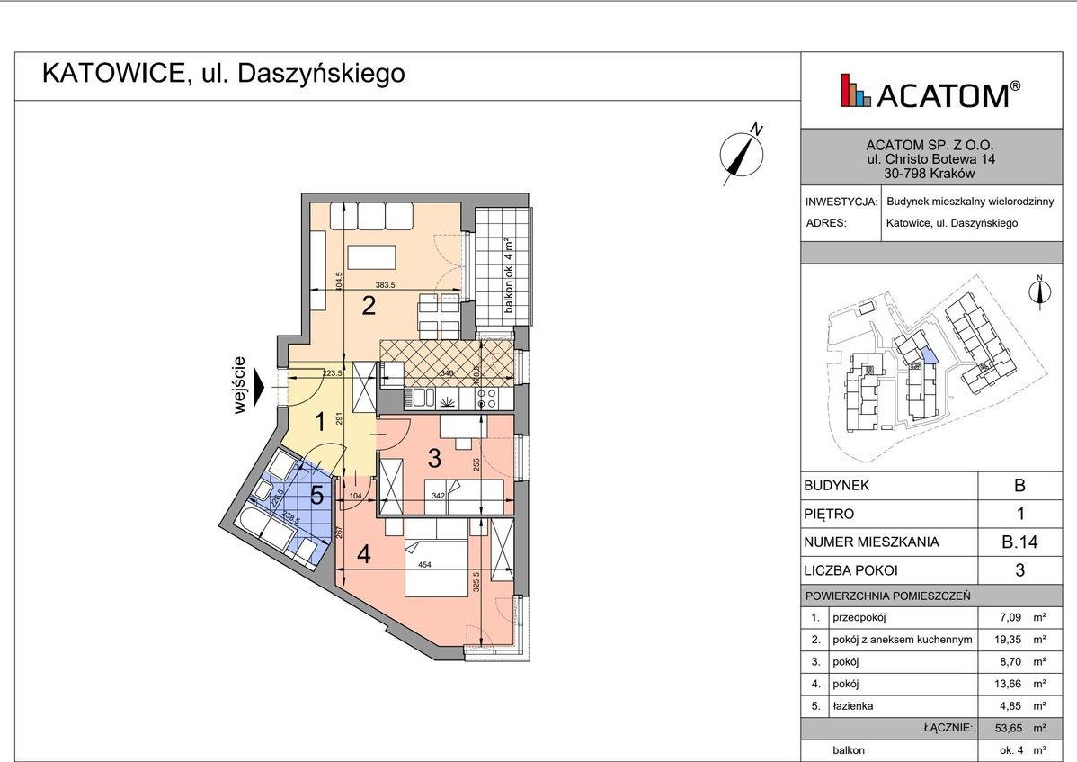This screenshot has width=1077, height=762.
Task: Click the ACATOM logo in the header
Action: (930, 92)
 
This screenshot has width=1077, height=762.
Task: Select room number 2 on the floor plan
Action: (368, 306)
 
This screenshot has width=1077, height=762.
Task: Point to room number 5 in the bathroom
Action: (316, 495)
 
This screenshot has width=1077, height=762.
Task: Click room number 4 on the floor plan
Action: (363, 555)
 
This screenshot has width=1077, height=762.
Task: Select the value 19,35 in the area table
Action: (1011, 640)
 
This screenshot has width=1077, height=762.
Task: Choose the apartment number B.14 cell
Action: (1019, 542)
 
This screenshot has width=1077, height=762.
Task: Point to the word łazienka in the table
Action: (852, 705)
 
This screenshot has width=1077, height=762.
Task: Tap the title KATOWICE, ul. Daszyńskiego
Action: (224, 74)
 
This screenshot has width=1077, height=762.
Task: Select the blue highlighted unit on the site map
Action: (930, 356)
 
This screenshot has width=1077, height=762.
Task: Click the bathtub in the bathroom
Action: (264, 528)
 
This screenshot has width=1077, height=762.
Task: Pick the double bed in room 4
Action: (436, 558)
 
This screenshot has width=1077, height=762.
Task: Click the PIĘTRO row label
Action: (829, 514)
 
